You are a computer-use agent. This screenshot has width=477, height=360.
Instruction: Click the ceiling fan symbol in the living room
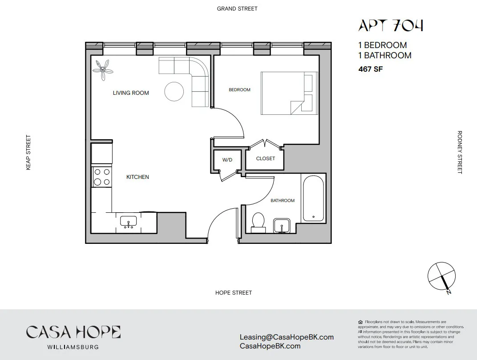pos(103,69)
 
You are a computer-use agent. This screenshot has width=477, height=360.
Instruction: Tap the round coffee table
pos(174,92)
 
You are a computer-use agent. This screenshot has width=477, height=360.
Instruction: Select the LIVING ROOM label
pos(131,93)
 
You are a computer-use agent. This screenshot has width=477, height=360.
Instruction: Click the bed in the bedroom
pos(289,93)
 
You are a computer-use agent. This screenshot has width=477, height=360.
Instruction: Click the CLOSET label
pos(266,158)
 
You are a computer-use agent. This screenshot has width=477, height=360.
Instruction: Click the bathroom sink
pos(282,226)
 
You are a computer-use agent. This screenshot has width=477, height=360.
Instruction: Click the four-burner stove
pos(101,176)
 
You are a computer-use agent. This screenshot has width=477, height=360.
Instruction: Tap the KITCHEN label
pos(137,177)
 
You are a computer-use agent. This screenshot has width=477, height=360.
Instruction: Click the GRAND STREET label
pos(237,8)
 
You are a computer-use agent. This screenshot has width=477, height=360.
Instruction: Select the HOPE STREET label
pos(234,293)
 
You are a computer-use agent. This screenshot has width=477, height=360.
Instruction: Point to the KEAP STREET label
pos(28,152)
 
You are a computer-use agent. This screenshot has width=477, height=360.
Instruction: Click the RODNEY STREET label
pos(460,152)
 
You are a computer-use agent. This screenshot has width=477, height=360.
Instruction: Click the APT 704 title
pos(391,26)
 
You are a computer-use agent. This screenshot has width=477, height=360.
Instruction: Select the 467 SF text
pos(371,69)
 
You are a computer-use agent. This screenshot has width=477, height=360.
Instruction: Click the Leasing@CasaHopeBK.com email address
pos(287,337)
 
